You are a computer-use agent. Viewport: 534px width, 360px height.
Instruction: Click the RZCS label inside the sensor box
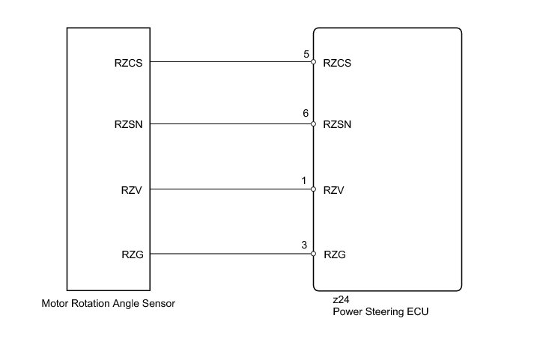pos(128,63)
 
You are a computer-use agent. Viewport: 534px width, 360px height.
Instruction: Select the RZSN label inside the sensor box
pos(128,124)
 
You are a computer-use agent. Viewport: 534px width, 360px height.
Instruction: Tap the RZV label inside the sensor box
pos(132,190)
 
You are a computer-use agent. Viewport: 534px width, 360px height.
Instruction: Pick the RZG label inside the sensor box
pos(133,254)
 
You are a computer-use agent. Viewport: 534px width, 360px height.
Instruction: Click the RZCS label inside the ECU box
pos(337,63)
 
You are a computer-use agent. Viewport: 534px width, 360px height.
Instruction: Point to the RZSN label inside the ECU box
pos(337,124)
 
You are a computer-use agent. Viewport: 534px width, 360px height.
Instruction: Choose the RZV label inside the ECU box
pos(334,190)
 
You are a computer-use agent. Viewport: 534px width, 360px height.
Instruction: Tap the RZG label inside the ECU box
pos(335,254)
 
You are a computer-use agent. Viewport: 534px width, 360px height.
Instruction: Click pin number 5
pos(306,54)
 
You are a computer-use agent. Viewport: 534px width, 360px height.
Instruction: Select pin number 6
pos(306,113)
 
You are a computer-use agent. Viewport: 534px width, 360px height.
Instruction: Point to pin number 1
pos(304,180)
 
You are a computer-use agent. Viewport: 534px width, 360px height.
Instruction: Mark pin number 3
pos(304,245)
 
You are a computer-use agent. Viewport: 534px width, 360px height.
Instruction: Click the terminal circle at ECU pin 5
pos(313,62)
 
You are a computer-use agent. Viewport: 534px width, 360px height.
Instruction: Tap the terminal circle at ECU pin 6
pos(313,123)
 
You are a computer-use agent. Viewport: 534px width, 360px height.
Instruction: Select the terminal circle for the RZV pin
pos(313,189)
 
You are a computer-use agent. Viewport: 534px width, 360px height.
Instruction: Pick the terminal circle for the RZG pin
pos(313,254)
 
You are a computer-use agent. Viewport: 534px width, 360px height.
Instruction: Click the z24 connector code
pos(341,300)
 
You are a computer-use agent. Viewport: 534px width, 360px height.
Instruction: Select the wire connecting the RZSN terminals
pos(231,123)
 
